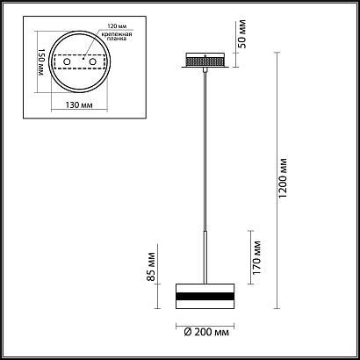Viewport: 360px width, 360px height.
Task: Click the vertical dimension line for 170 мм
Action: [251, 257]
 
